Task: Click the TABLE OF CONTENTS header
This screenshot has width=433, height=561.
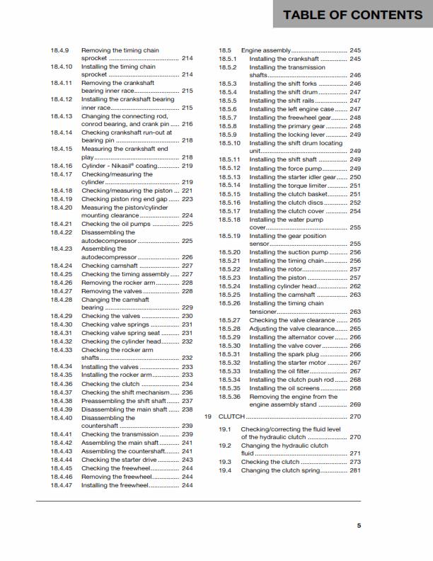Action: [x=352, y=15]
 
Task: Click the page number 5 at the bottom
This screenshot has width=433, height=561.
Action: [x=359, y=526]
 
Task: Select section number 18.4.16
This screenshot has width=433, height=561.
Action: [x=62, y=166]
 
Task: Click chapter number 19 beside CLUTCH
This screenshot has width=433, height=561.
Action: [x=208, y=416]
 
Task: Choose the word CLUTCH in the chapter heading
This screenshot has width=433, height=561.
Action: [x=231, y=416]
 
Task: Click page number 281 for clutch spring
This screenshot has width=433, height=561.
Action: [x=354, y=470]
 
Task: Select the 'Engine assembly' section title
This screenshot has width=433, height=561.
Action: [x=266, y=51]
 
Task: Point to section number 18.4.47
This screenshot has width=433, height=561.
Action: [x=62, y=485]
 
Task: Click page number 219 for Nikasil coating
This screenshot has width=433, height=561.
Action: [x=187, y=166]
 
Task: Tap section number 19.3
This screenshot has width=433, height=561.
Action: [x=224, y=462]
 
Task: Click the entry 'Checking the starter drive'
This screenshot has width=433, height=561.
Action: [x=119, y=460]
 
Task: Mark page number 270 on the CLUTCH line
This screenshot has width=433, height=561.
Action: [x=354, y=416]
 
